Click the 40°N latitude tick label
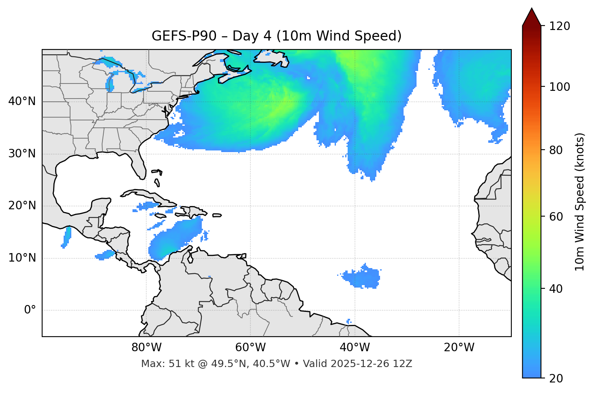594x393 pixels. pyautogui.click(x=22, y=101)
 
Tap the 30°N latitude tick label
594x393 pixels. pyautogui.click(x=22, y=154)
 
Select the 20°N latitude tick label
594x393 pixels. pyautogui.click(x=22, y=206)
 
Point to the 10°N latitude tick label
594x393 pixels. pyautogui.click(x=22, y=258)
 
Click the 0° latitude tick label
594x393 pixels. pyautogui.click(x=30, y=310)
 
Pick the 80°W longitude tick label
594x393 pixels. pyautogui.click(x=146, y=348)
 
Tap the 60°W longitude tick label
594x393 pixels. pyautogui.click(x=250, y=348)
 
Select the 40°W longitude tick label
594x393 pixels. pyautogui.click(x=355, y=348)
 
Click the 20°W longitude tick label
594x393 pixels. pyautogui.click(x=459, y=348)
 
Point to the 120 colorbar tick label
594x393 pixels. pyautogui.click(x=560, y=26)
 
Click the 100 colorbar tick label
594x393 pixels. pyautogui.click(x=560, y=87)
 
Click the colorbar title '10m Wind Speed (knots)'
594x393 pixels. pyautogui.click(x=580, y=202)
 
